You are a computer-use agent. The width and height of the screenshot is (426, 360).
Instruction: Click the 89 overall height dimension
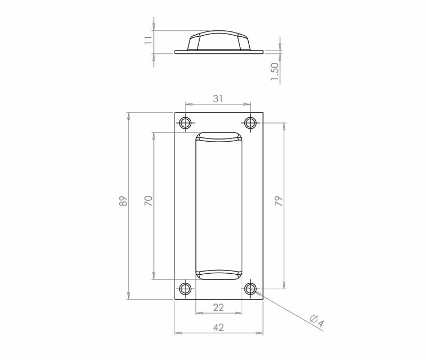pyautogui.click(x=124, y=201)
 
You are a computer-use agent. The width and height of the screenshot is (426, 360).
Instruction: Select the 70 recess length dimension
pyautogui.click(x=149, y=201)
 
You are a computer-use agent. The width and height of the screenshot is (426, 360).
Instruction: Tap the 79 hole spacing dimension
pyautogui.click(x=278, y=201)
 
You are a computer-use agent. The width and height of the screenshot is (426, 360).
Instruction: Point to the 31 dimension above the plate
pyautogui.click(x=218, y=99)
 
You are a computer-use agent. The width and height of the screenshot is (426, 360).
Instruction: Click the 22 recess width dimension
pyautogui.click(x=218, y=308)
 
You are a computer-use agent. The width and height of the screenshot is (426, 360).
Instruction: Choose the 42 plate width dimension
pyautogui.click(x=219, y=328)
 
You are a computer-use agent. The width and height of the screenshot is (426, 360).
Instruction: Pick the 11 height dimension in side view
pyautogui.click(x=148, y=40)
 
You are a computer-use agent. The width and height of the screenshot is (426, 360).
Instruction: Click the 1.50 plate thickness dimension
pyautogui.click(x=275, y=71)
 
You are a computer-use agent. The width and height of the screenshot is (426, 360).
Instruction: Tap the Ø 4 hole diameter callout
pyautogui.click(x=317, y=321)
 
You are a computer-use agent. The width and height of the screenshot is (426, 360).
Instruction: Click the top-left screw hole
pyautogui.click(x=185, y=123)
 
